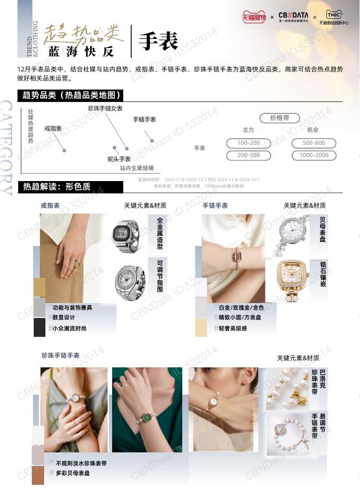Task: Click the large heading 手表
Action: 158,42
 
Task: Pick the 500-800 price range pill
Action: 314,143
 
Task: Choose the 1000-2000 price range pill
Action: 314,155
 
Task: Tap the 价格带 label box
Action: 280,118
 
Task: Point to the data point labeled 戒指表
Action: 64,151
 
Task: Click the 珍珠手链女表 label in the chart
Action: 105,108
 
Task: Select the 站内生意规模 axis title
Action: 137,168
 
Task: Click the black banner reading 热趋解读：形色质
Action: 71,187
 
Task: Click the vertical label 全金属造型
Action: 160,234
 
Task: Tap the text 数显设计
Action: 64,317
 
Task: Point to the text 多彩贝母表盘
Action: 73,474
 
